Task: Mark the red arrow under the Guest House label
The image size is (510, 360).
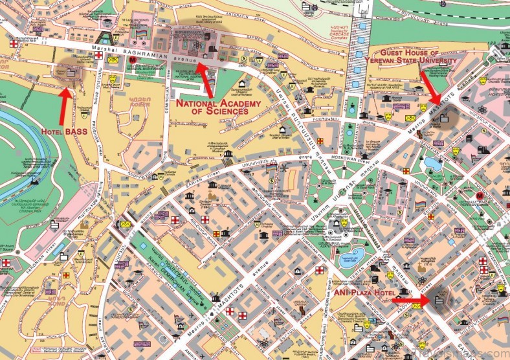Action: click(x=430, y=84)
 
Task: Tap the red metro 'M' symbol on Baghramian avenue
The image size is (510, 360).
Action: click(x=133, y=60)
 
